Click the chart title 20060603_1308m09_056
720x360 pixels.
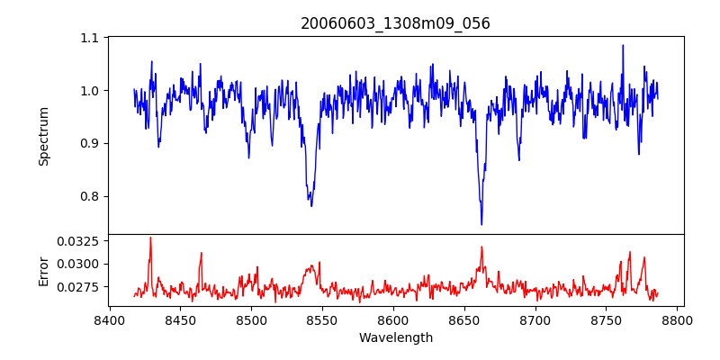(395, 23)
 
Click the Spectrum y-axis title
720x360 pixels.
(43, 136)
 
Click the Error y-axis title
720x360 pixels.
(43, 271)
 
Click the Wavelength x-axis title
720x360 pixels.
(395, 338)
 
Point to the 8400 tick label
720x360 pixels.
(109, 320)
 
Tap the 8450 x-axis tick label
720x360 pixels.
(180, 320)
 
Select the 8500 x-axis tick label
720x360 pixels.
(251, 320)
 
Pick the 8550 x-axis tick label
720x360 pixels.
(322, 320)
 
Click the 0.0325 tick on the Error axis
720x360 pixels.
(80, 241)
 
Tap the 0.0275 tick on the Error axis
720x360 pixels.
(80, 287)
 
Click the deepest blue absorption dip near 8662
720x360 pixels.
(481, 223)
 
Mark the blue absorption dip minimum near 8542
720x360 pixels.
(311, 205)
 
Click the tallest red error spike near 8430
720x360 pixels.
(150, 238)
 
